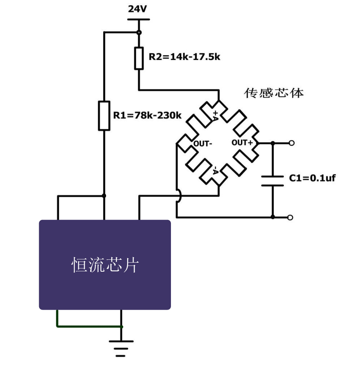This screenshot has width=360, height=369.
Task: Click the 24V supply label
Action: coord(138,9)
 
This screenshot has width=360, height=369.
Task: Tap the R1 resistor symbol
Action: coord(104,115)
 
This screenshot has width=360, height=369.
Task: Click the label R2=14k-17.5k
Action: coord(184,57)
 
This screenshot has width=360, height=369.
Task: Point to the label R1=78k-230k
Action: coord(147,115)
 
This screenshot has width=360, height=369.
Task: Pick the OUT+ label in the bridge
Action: coord(242,143)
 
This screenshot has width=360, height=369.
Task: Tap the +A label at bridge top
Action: coord(215,115)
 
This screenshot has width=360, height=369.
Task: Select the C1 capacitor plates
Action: coord(272,181)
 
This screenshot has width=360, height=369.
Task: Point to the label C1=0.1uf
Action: coord(312,178)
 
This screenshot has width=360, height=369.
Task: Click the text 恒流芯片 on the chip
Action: coord(105,265)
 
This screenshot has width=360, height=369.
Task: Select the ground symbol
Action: coord(121,348)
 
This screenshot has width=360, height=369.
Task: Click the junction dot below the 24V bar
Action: coord(139,33)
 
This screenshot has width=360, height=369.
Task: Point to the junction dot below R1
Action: coord(104,196)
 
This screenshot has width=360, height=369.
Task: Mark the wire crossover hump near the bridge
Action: coord(178,196)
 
